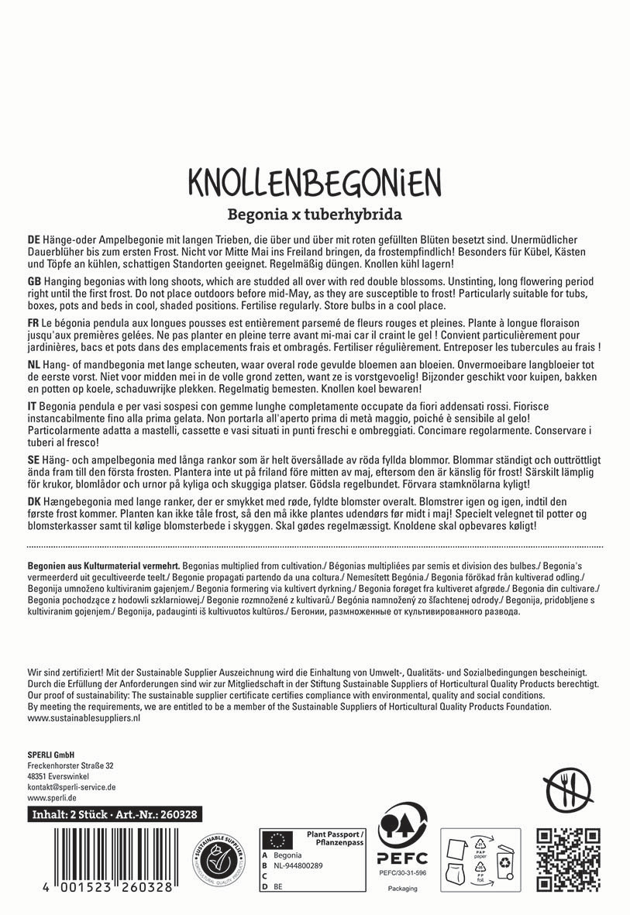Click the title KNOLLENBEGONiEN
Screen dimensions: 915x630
pyautogui.click(x=315, y=181)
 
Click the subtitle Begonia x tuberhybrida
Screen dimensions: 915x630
pyautogui.click(x=315, y=213)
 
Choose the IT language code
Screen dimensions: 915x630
pyautogui.click(x=32, y=405)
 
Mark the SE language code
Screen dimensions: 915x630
pyautogui.click(x=33, y=459)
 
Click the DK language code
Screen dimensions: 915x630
pyautogui.click(x=33, y=500)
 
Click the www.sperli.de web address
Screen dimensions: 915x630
pyautogui.click(x=51, y=798)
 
